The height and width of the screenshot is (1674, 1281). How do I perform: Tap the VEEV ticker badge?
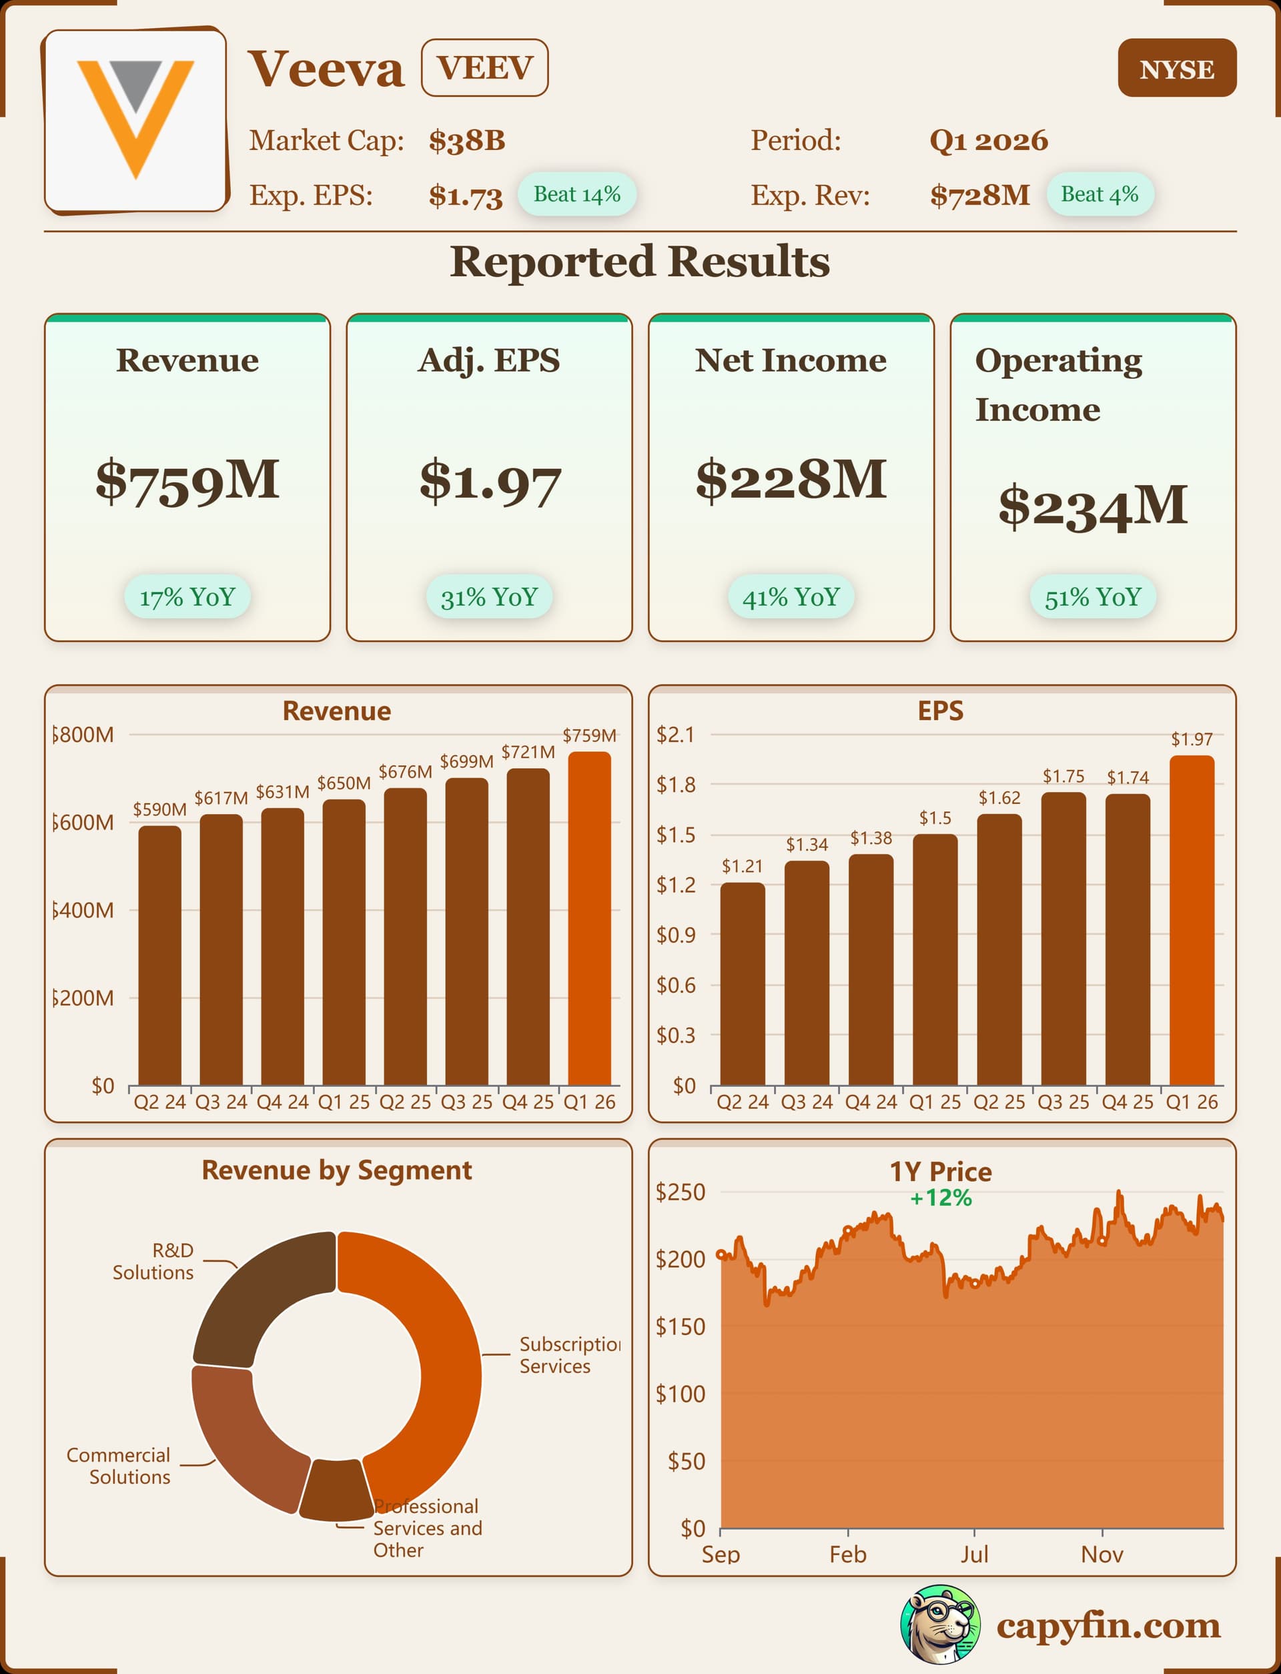pyautogui.click(x=484, y=68)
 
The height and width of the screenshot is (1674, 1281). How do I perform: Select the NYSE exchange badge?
pyautogui.click(x=1176, y=69)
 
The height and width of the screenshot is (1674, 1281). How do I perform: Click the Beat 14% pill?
pyautogui.click(x=576, y=194)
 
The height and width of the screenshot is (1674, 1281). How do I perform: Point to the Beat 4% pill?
pyautogui.click(x=1099, y=194)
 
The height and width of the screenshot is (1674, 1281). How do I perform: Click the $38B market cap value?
pyautogui.click(x=466, y=141)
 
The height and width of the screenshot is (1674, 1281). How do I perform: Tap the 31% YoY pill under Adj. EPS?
pyautogui.click(x=489, y=597)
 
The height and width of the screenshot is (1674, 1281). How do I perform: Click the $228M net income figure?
pyautogui.click(x=791, y=480)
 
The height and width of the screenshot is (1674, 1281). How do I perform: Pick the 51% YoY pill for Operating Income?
pyautogui.click(x=1092, y=597)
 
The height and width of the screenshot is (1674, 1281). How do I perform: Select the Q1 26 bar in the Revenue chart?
pyautogui.click(x=589, y=918)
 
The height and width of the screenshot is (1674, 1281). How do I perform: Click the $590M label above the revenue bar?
pyautogui.click(x=159, y=809)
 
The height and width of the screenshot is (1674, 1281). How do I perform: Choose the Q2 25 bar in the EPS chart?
pyautogui.click(x=999, y=949)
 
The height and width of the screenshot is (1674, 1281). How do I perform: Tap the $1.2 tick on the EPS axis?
pyautogui.click(x=676, y=885)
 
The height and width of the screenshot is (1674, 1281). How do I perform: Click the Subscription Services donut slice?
pyautogui.click(x=434, y=1342)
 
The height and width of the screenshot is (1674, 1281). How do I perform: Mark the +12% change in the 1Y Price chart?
pyautogui.click(x=941, y=1198)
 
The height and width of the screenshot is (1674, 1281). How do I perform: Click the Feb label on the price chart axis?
pyautogui.click(x=847, y=1555)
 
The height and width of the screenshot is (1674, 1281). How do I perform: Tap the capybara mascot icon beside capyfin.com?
pyautogui.click(x=939, y=1625)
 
